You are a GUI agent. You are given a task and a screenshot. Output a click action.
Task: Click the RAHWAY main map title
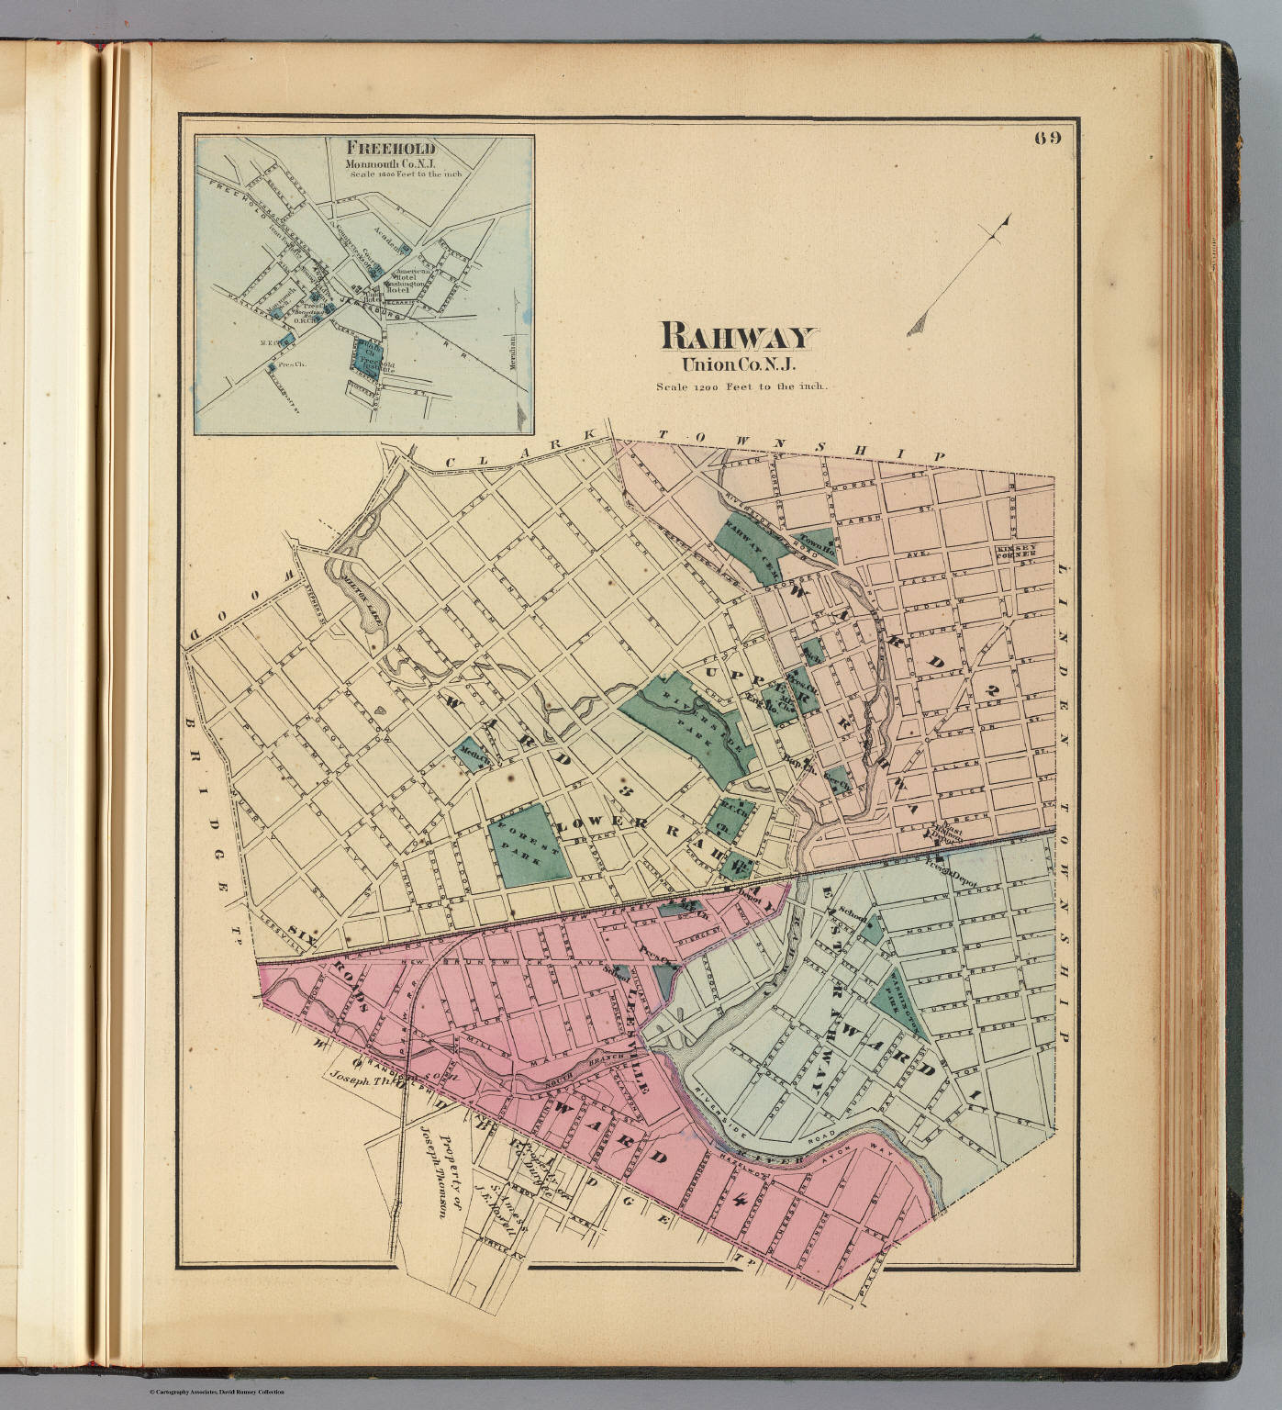(x=736, y=337)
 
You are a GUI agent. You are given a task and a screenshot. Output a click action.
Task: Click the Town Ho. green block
(x=817, y=545)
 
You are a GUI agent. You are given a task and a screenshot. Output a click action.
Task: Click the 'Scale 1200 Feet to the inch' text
(x=741, y=386)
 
